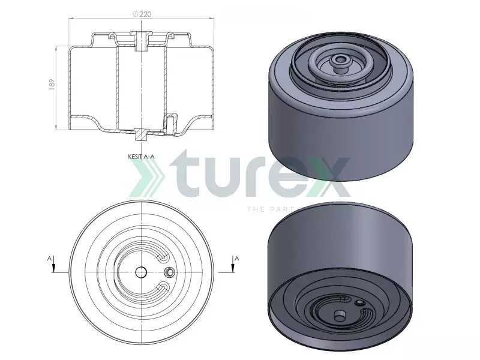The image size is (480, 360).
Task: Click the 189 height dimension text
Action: coord(52,86)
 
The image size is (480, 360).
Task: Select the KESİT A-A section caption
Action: coord(142,156)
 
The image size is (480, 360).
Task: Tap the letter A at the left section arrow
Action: coord(49,258)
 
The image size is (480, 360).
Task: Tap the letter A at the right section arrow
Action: coord(237,258)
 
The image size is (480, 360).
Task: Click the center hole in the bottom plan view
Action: coord(142,272)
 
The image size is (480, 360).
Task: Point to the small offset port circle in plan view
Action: coord(170,272)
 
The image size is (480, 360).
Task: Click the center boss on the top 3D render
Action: coord(341,60)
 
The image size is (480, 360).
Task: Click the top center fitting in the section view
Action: coord(142,41)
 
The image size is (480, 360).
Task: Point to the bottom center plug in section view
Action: coord(142,134)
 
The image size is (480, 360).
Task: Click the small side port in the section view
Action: coord(170,122)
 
